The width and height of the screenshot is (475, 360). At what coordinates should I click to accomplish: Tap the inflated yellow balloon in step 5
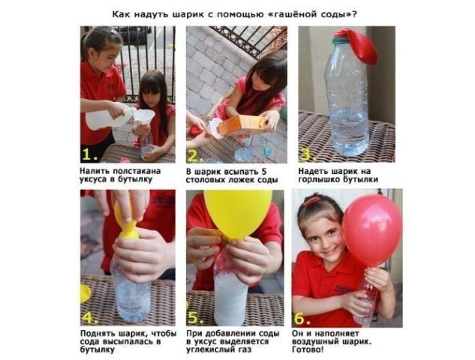238,213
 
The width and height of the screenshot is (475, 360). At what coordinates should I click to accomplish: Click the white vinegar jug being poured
109,116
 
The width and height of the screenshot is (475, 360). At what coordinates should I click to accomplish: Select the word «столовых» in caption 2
204,180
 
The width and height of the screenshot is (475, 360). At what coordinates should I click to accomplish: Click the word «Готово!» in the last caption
308,350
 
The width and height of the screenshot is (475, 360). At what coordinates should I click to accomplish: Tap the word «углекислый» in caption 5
209,350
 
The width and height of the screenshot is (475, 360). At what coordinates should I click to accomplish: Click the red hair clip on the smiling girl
312,201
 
